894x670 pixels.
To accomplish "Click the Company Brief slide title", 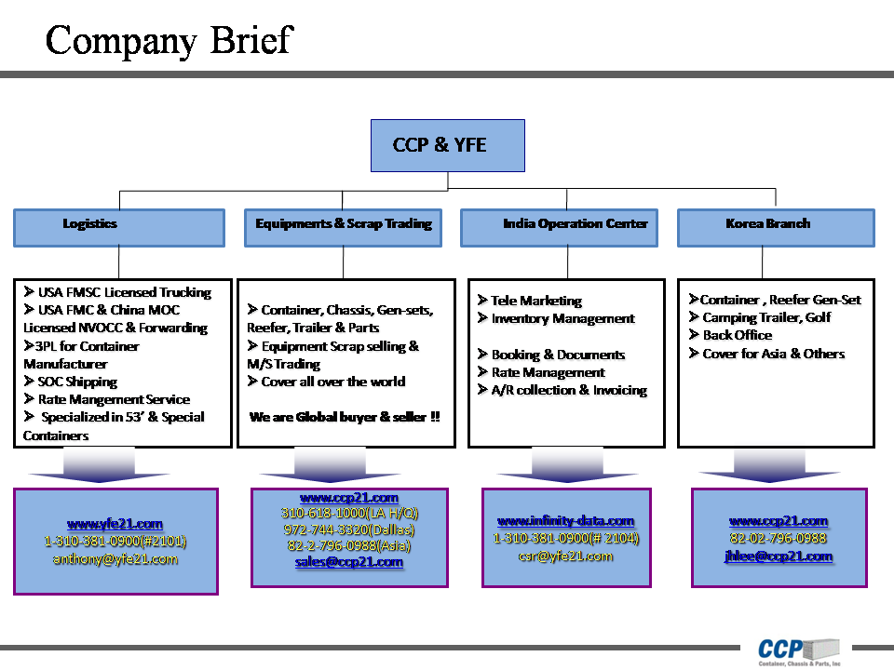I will pyautogui.click(x=169, y=40).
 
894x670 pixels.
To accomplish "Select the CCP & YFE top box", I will pyautogui.click(x=447, y=145).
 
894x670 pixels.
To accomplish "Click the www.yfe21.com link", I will pyautogui.click(x=115, y=524).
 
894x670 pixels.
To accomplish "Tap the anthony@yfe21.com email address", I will pyautogui.click(x=115, y=559).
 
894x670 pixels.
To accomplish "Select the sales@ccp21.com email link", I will pyautogui.click(x=349, y=562).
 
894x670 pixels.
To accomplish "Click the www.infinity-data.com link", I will pyautogui.click(x=565, y=521).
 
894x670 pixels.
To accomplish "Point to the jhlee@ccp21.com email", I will pyautogui.click(x=778, y=556).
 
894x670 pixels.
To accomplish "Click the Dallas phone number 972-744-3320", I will pyautogui.click(x=349, y=529).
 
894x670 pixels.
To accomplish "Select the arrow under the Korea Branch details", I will pyautogui.click(x=769, y=466).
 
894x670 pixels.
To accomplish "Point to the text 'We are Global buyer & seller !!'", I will pyautogui.click(x=345, y=417).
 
